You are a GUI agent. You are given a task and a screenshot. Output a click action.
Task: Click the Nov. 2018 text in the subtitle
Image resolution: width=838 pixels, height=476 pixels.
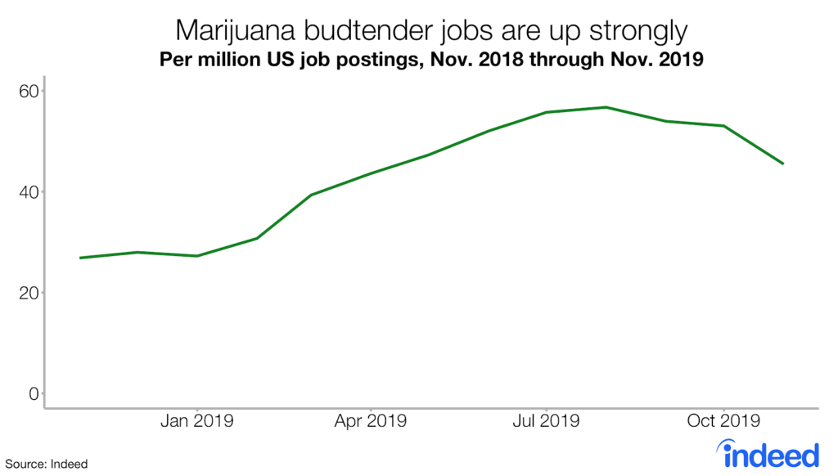(489, 61)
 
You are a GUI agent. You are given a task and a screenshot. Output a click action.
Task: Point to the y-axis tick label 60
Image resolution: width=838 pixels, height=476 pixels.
(29, 91)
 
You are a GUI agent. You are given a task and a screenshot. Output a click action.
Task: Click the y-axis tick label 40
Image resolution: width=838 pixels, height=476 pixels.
(29, 192)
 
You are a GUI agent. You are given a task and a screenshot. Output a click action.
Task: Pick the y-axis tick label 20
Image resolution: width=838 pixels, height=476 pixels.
(29, 293)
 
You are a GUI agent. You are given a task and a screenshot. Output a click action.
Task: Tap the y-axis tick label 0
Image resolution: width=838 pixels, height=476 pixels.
(34, 393)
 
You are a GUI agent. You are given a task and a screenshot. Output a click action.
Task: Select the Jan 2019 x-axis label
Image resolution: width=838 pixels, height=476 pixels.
(196, 422)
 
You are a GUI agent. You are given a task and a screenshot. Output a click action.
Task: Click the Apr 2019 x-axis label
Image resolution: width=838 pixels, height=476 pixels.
(371, 422)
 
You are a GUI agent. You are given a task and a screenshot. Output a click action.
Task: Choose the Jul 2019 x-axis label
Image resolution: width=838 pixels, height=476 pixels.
(545, 422)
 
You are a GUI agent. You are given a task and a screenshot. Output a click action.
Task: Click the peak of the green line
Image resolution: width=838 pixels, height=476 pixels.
(606, 107)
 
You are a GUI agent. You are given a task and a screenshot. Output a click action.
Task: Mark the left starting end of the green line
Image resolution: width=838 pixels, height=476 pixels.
(80, 258)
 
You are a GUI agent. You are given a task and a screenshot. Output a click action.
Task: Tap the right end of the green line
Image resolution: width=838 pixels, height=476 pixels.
(783, 164)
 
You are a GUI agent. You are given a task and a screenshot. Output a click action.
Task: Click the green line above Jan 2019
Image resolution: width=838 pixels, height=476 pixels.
(197, 256)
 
